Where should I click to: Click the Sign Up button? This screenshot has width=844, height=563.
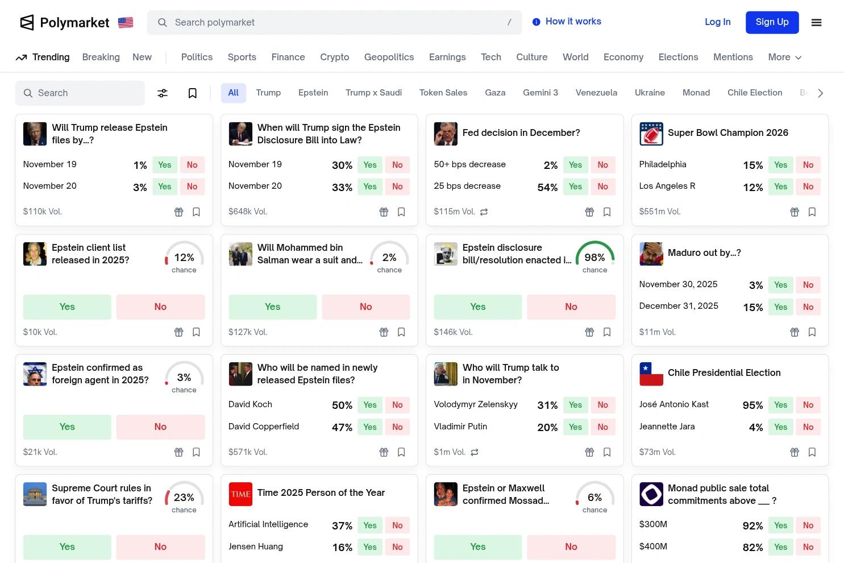point(772,22)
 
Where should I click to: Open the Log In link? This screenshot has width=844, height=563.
point(717,22)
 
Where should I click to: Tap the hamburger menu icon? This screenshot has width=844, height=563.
point(816,23)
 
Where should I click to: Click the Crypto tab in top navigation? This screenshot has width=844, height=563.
point(334,57)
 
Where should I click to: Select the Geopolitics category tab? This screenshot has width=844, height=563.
point(389,57)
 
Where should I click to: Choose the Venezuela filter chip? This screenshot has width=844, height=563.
point(596,93)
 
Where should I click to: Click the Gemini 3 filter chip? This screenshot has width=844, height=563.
point(540,93)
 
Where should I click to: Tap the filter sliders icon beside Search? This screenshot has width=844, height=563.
point(163,93)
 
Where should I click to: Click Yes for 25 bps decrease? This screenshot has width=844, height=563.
point(575,187)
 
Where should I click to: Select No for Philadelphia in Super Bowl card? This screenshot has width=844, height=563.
point(808,165)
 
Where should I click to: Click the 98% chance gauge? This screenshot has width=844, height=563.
point(594,258)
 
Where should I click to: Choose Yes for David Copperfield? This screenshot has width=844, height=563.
point(370,427)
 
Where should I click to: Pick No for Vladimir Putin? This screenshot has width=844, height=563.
point(602,427)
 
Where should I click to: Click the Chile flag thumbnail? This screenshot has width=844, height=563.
point(651,374)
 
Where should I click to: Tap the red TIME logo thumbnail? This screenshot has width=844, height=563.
point(240,494)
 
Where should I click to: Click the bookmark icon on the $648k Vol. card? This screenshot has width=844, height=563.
point(401,212)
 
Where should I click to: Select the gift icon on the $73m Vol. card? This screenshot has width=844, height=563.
point(795,452)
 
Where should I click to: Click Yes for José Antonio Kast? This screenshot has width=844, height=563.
point(780,405)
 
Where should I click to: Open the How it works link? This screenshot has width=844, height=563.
point(567,22)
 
